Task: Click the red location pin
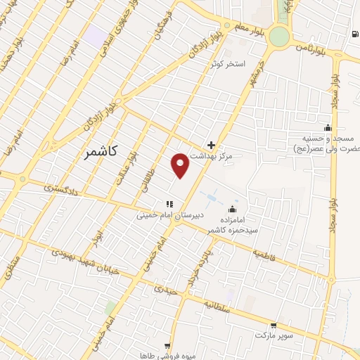tap(181, 165)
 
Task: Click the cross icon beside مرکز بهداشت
tap(211, 144)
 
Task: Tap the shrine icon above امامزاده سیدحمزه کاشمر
tap(233, 209)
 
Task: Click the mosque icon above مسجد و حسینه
tap(327, 127)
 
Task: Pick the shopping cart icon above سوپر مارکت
tap(274, 326)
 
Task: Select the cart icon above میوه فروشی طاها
tap(167, 346)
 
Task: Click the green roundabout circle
tap(279, 37)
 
